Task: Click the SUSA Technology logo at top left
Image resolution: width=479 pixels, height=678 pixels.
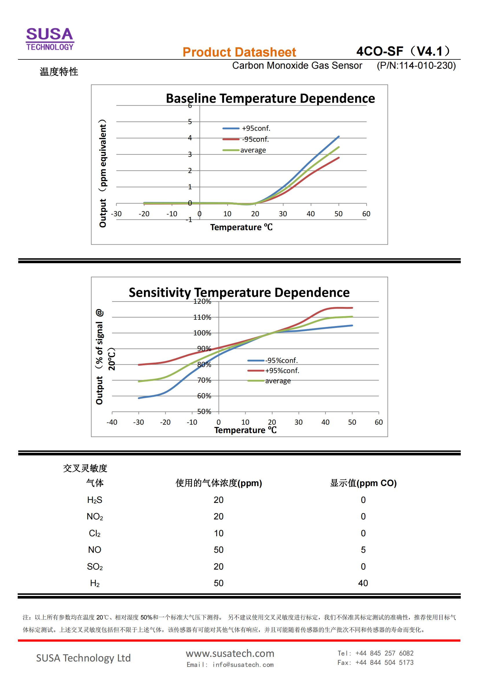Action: tap(50, 39)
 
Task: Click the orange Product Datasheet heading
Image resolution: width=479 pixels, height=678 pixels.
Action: tap(239, 52)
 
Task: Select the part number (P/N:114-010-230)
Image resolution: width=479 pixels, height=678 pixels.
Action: tap(416, 66)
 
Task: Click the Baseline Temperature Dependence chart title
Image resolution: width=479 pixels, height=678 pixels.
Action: tap(270, 98)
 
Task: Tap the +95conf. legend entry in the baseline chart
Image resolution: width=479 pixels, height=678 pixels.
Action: tap(256, 128)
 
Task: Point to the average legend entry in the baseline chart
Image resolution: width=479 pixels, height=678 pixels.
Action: tap(253, 150)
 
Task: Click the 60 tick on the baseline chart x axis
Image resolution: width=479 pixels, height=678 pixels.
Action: tap(366, 214)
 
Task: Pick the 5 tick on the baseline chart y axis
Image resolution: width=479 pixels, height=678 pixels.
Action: tap(190, 122)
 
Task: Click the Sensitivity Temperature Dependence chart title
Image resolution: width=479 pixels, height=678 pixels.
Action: tap(239, 292)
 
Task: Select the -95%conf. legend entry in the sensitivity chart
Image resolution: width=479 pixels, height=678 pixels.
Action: tap(281, 361)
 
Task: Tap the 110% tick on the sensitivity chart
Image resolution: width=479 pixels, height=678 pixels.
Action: tap(202, 317)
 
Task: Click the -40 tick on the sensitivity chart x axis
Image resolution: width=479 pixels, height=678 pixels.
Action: tap(112, 422)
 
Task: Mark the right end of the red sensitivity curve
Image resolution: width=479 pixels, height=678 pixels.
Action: tap(352, 308)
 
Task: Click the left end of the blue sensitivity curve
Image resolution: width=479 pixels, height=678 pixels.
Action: tap(139, 398)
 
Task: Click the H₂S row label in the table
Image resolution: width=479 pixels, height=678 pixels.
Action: tap(95, 500)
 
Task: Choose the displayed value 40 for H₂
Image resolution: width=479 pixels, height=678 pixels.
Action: tap(363, 583)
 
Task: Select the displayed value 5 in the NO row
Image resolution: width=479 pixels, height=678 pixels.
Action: tap(363, 550)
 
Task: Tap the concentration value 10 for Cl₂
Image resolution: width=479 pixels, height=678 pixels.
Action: tap(219, 533)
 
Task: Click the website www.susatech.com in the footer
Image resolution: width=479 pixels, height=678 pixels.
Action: tap(230, 653)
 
